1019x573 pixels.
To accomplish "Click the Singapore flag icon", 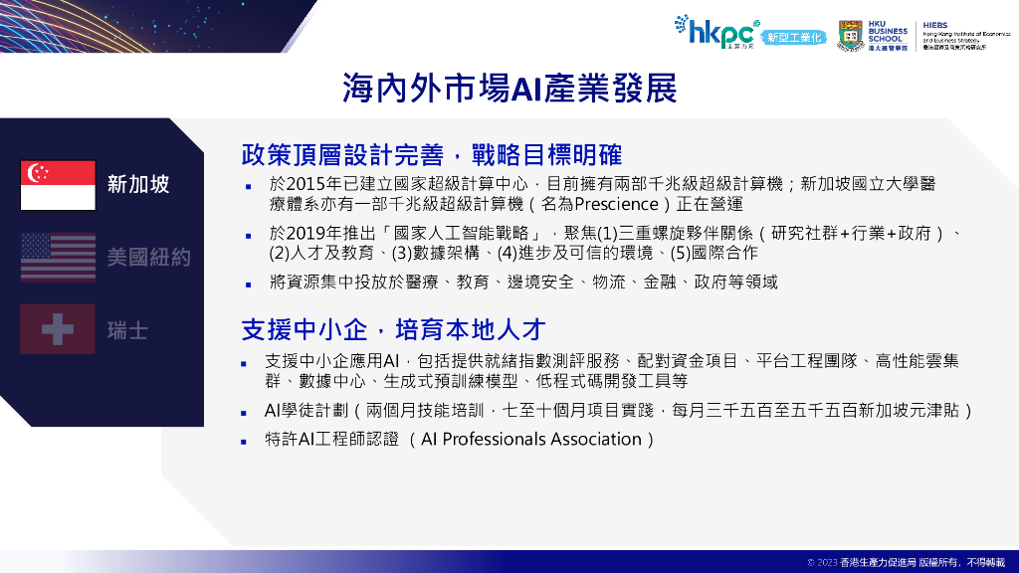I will (x=58, y=185).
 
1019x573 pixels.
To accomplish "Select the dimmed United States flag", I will (x=58, y=258).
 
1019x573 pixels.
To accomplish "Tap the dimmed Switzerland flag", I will (x=58, y=329).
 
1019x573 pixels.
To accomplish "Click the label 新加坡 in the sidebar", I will (x=138, y=185).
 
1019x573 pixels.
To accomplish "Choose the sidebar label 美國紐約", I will (x=148, y=258).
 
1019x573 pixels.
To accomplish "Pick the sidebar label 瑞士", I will (x=127, y=329).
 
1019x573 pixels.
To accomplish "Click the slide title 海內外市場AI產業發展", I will (x=509, y=89).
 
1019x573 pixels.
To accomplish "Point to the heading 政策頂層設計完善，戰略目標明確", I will (x=432, y=156).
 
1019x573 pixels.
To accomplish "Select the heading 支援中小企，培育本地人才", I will (x=393, y=329).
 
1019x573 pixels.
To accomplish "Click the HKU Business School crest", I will (x=851, y=33).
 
